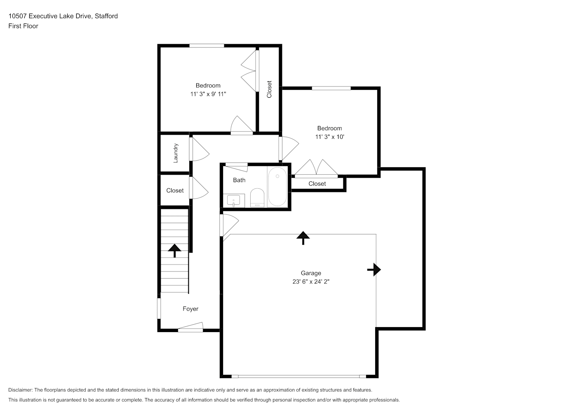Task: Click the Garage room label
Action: pos(311,273)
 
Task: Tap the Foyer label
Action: pos(190,309)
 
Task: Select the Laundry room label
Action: pos(176,153)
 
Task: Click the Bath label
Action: pos(239,180)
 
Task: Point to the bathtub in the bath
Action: pos(277,187)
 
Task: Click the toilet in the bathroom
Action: pos(257,198)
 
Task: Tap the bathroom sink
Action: pos(234,201)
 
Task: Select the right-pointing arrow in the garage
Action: pos(374,269)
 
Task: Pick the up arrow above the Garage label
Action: pos(303,238)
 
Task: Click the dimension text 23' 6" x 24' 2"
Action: pos(311,281)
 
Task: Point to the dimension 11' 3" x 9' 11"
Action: pos(208,94)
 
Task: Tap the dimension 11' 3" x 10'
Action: pos(329,137)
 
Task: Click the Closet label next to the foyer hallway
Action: pos(175,191)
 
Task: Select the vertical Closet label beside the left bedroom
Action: pos(269,89)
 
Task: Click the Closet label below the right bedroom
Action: pos(317,184)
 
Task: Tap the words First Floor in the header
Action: pos(23,26)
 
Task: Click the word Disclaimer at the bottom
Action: pos(20,390)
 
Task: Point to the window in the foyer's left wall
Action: pos(159,308)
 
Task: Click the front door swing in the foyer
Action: pos(190,327)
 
